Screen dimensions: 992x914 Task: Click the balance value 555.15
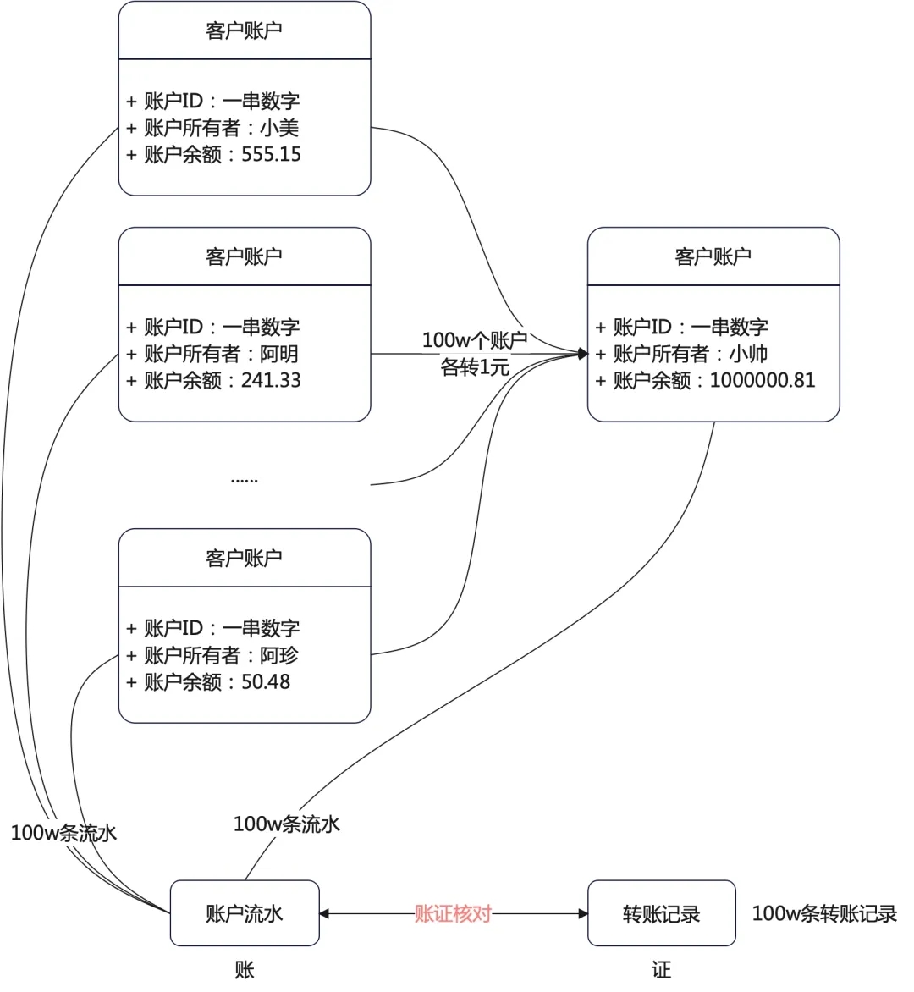point(271,155)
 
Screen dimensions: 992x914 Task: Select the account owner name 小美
point(279,128)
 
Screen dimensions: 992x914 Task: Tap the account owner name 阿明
point(279,354)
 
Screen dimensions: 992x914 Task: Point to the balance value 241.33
point(271,381)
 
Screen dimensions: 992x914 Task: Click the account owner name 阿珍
point(279,655)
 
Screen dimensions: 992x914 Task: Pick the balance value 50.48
point(266,682)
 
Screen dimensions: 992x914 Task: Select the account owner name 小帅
point(748,354)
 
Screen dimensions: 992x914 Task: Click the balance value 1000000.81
point(762,381)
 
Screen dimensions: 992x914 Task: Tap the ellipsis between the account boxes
point(244,480)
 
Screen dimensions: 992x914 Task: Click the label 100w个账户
point(474,340)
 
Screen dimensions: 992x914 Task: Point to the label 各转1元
point(475,367)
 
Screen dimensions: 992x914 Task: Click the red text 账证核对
point(453,914)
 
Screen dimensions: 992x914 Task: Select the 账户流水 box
point(245,913)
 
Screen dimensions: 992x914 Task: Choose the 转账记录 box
point(661,914)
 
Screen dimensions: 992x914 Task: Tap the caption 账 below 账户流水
point(245,970)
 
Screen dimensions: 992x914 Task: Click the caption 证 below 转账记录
point(661,970)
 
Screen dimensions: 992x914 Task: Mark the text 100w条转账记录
point(824,914)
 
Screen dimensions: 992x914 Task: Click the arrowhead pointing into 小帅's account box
point(582,354)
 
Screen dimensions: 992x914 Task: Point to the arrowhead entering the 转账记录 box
point(582,914)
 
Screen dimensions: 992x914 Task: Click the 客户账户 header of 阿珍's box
point(244,558)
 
